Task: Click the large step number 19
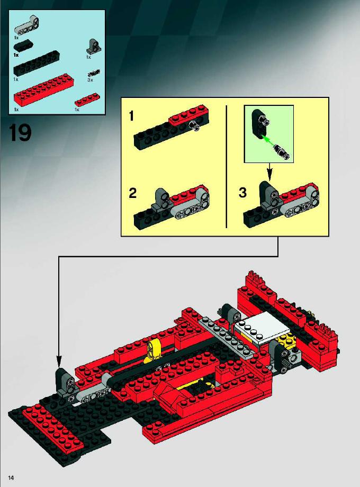[x=20, y=133]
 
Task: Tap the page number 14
[x=12, y=477]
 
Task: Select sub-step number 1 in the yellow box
[x=131, y=116]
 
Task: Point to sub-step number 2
[x=133, y=193]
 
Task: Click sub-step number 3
[x=242, y=193]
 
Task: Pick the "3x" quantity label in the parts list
[x=90, y=80]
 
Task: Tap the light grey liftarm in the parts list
[x=27, y=24]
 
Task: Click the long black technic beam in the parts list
[x=37, y=64]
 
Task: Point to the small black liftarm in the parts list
[x=23, y=46]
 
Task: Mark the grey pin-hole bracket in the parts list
[x=92, y=47]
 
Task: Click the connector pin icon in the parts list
[x=94, y=73]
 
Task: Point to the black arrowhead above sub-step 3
[x=269, y=176]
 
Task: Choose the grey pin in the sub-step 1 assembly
[x=195, y=125]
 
